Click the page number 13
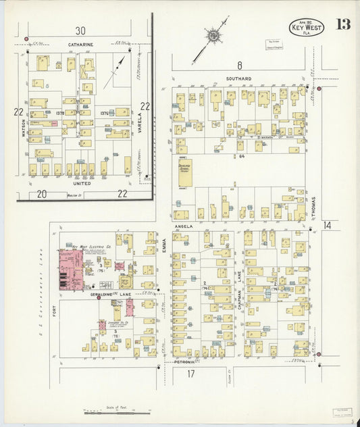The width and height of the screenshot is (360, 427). [342, 25]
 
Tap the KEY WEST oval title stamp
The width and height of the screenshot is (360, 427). [307, 27]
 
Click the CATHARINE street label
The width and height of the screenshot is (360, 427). [80, 45]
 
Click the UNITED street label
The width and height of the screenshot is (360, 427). [82, 183]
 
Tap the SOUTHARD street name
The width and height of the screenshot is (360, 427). [239, 79]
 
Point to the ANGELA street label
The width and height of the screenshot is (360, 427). [184, 226]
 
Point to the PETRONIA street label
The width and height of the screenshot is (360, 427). [184, 362]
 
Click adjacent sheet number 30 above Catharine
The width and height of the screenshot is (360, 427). [80, 30]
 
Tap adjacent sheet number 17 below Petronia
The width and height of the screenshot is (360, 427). [191, 374]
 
